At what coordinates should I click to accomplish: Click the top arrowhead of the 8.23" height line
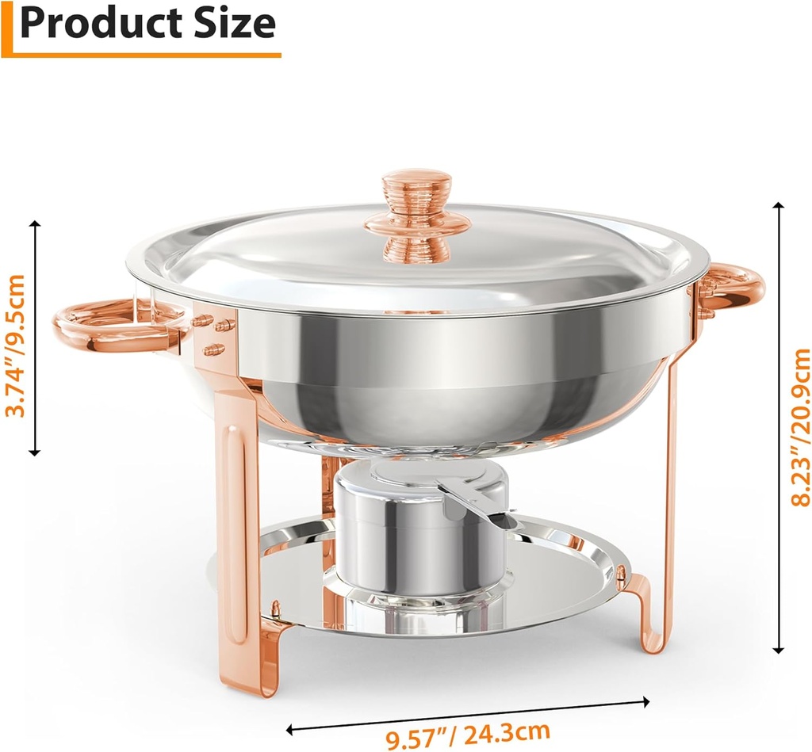click(x=779, y=207)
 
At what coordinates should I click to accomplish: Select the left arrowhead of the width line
click(x=292, y=727)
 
